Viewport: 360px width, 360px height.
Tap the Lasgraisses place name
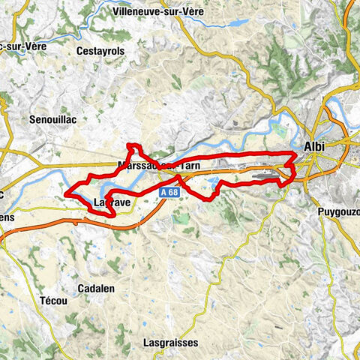coord(171,322)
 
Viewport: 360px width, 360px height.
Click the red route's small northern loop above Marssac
coord(133,146)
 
